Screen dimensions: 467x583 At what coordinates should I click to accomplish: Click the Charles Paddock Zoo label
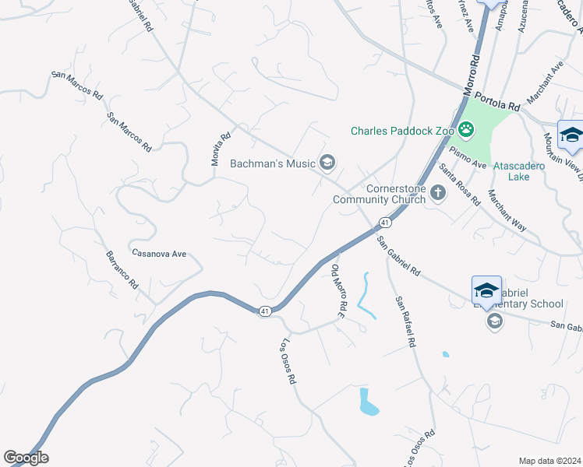[x=401, y=131]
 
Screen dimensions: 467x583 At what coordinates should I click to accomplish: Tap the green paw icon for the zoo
[x=466, y=130]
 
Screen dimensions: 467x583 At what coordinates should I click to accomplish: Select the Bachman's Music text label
[x=273, y=163]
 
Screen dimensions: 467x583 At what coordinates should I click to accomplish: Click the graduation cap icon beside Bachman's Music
[x=327, y=162]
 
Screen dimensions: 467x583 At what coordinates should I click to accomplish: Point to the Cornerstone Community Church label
[x=379, y=194]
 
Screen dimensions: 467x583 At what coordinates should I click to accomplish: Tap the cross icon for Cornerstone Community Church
[x=438, y=192]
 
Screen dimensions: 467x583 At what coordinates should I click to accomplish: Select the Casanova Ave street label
[x=159, y=254]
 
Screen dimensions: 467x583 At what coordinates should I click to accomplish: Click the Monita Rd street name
[x=221, y=149]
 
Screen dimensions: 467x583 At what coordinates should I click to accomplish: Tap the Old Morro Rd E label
[x=338, y=292]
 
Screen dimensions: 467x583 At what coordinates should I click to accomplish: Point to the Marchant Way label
[x=507, y=211]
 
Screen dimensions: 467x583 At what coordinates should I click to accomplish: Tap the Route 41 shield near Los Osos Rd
[x=265, y=311]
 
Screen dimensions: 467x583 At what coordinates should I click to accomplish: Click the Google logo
[x=26, y=458]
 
